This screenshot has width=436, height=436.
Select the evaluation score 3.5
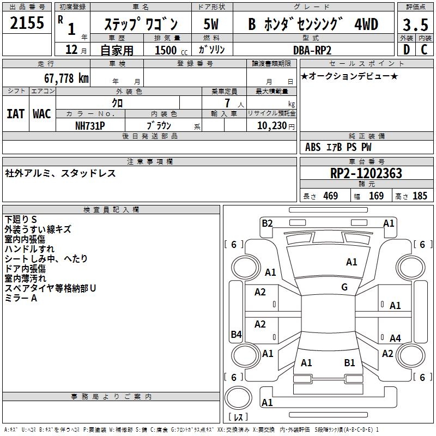tap(415, 25)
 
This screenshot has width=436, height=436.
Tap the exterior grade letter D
tap(405, 50)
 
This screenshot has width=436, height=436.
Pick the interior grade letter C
tap(424, 50)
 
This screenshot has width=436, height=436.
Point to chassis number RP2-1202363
tap(366, 173)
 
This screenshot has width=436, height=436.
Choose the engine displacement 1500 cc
tap(170, 50)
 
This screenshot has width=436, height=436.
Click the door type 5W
tap(211, 25)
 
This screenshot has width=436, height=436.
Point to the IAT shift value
tap(15, 114)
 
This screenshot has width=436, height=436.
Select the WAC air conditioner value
tap(41, 114)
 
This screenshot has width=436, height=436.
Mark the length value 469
tap(330, 196)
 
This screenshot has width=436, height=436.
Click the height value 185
tap(420, 196)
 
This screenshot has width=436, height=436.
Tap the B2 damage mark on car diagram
tap(267, 223)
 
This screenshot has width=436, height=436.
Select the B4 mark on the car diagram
tap(236, 335)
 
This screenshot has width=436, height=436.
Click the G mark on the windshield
tap(344, 287)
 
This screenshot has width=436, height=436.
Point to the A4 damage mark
tap(395, 338)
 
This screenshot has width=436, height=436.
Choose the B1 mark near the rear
tap(349, 362)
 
